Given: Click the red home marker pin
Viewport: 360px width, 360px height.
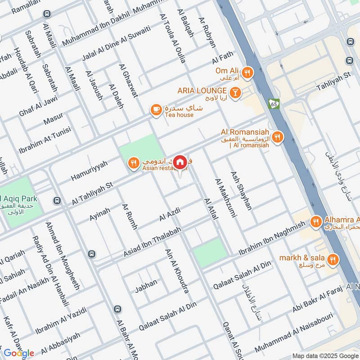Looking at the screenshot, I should coord(180,162).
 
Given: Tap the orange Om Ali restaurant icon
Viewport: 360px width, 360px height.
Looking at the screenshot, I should coord(247,72).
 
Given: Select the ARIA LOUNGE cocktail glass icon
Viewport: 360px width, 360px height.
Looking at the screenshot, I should coord(234,93).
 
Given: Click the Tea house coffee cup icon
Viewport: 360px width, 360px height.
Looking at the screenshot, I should coord(156,110).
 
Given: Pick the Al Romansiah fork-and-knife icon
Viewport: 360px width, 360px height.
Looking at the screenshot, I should coord(278,137).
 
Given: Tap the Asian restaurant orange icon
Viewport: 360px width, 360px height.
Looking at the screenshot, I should coord(133,164).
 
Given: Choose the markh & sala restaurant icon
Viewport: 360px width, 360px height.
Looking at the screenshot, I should coord(333,259).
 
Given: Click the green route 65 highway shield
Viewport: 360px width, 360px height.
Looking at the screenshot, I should coord(274,103).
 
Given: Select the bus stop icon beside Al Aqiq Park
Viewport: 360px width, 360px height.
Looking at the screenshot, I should coord(57,200).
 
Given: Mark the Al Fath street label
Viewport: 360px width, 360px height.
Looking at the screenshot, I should coord(224,58).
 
